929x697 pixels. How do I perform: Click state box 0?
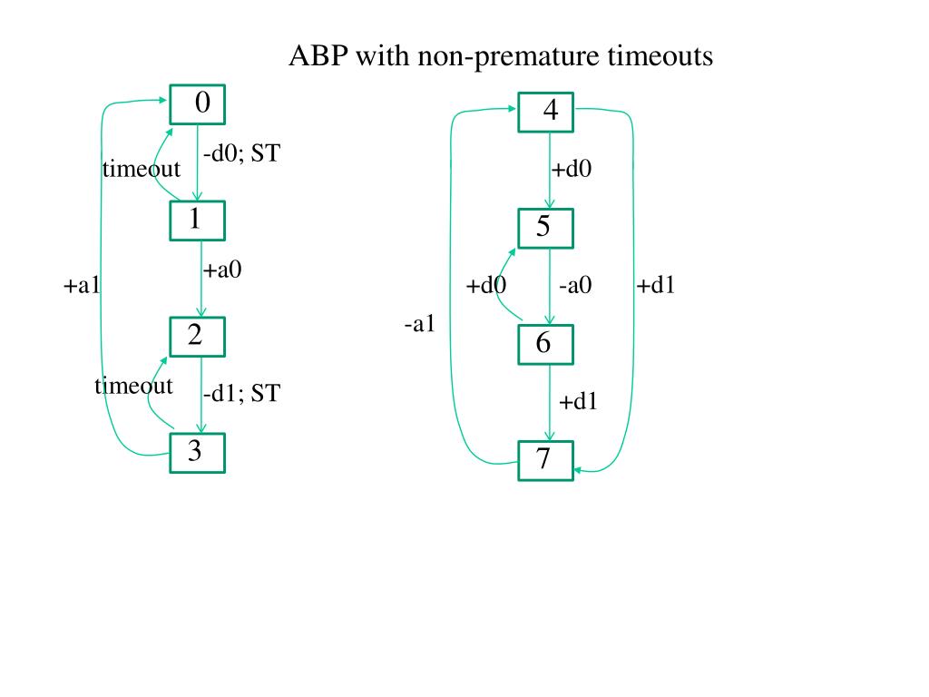(x=197, y=105)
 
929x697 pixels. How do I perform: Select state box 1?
(x=197, y=220)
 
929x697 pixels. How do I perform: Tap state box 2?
(x=197, y=337)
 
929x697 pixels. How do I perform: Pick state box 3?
(x=197, y=452)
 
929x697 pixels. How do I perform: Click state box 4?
(x=545, y=112)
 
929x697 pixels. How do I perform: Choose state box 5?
(x=545, y=227)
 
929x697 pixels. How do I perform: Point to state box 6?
(x=545, y=343)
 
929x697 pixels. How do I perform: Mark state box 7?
(x=545, y=460)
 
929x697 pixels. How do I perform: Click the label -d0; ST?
(x=241, y=154)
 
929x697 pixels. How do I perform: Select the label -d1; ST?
(x=241, y=393)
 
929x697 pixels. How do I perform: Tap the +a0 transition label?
(x=222, y=269)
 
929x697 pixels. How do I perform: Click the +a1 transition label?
(x=82, y=285)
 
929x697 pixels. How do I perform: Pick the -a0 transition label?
(x=575, y=285)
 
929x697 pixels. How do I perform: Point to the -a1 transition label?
(x=419, y=323)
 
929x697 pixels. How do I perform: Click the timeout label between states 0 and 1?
(x=141, y=169)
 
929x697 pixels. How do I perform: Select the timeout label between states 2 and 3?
(x=133, y=386)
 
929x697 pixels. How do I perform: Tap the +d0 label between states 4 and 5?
(x=572, y=169)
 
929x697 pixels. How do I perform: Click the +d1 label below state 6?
(x=578, y=401)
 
